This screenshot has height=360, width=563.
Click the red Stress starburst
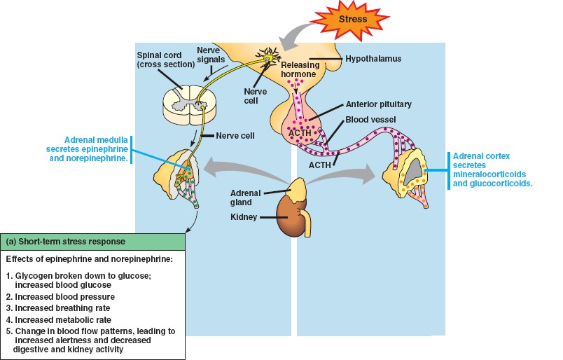tap(352, 19)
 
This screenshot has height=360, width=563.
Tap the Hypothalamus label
tap(374, 59)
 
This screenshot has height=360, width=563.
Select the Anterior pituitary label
tap(378, 104)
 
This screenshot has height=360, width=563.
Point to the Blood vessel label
tap(371, 120)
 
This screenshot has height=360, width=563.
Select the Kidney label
tap(244, 217)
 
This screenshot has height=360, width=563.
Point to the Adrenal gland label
tap(245, 198)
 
